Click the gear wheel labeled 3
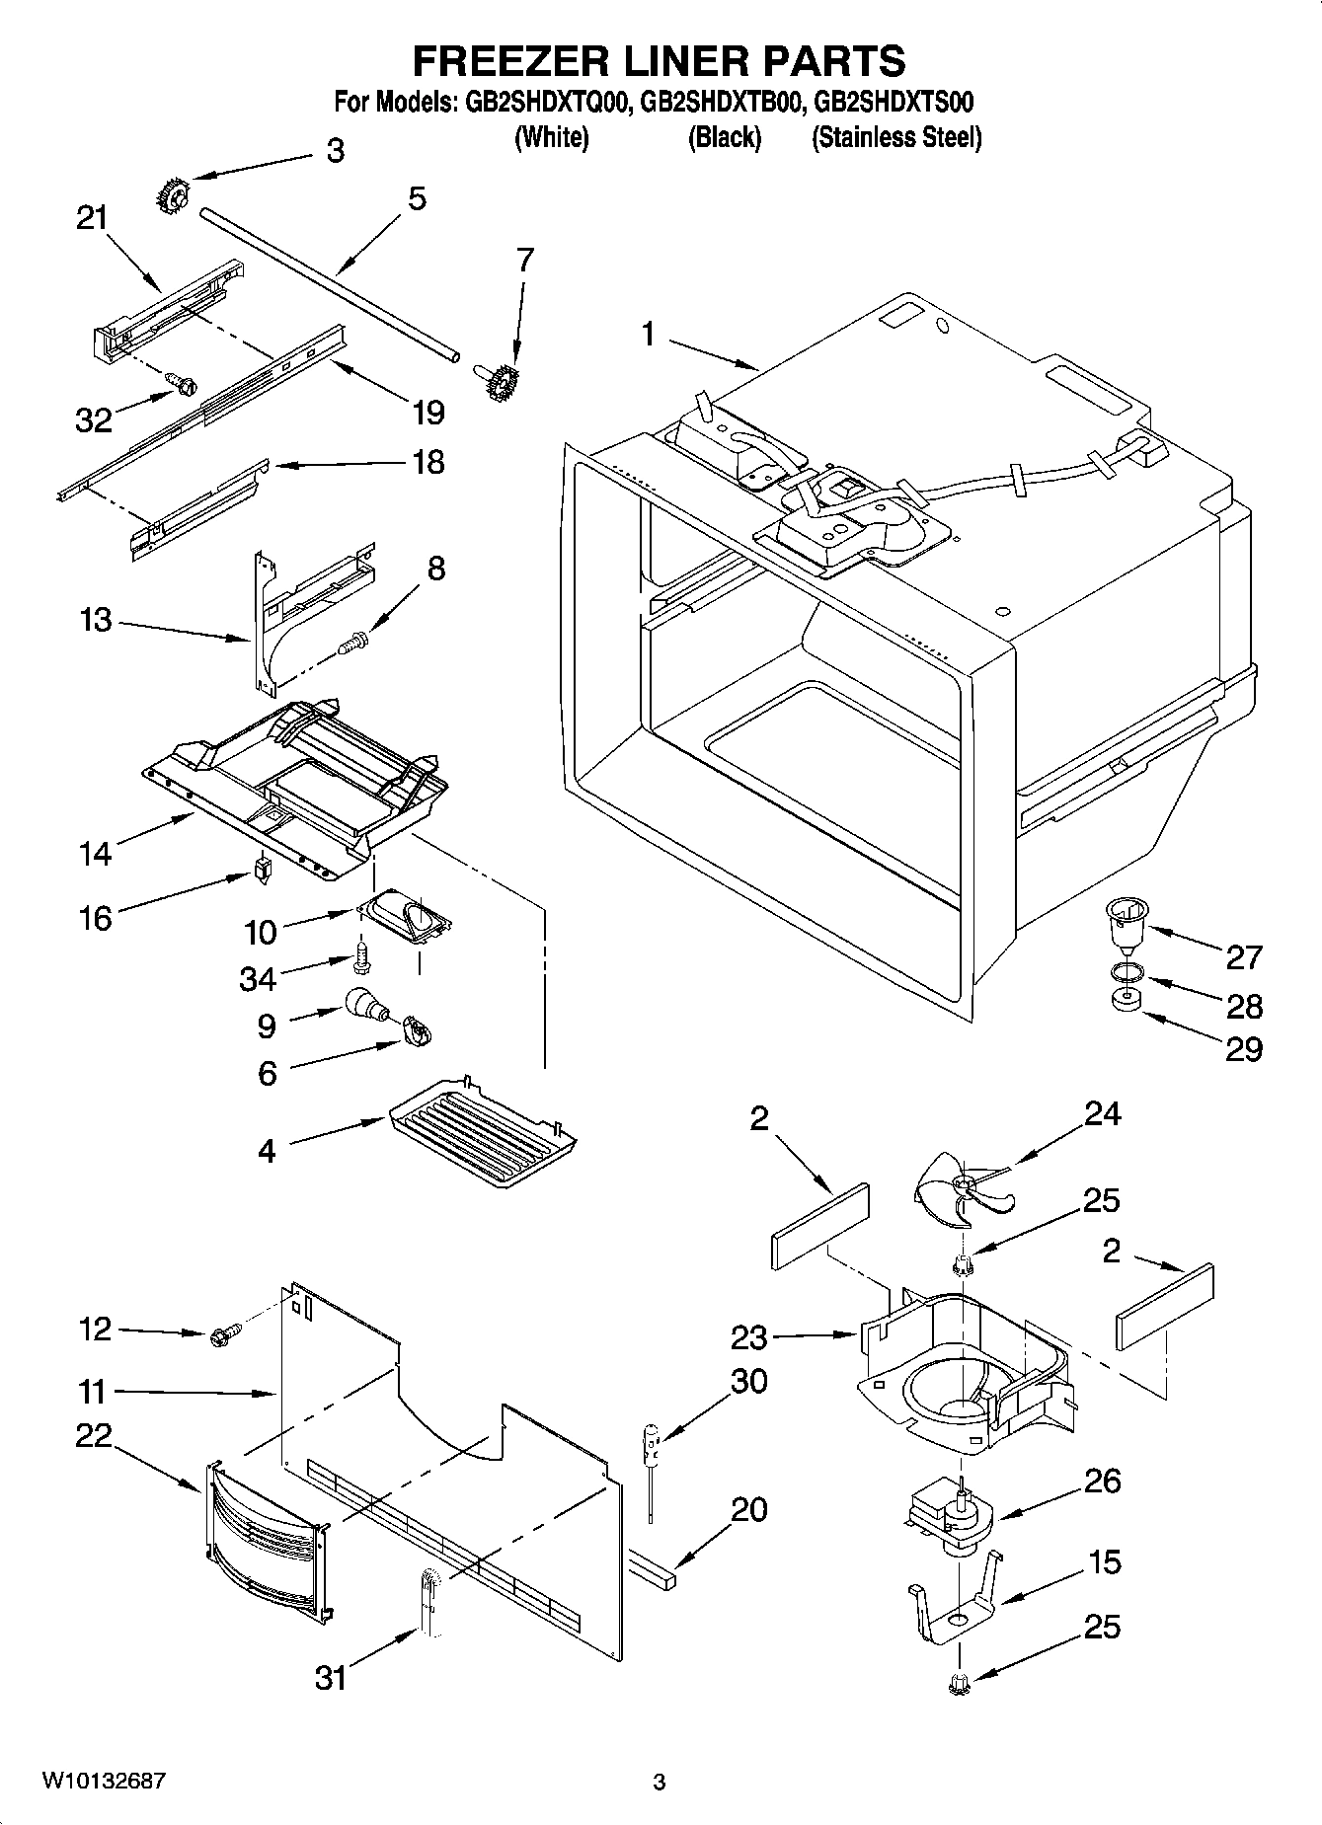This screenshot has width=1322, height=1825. [x=172, y=195]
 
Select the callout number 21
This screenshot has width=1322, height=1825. [x=92, y=218]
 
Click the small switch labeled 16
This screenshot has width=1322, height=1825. [x=263, y=869]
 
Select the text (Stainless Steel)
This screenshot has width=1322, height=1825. [x=895, y=137]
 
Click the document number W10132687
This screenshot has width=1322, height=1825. [x=103, y=1781]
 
